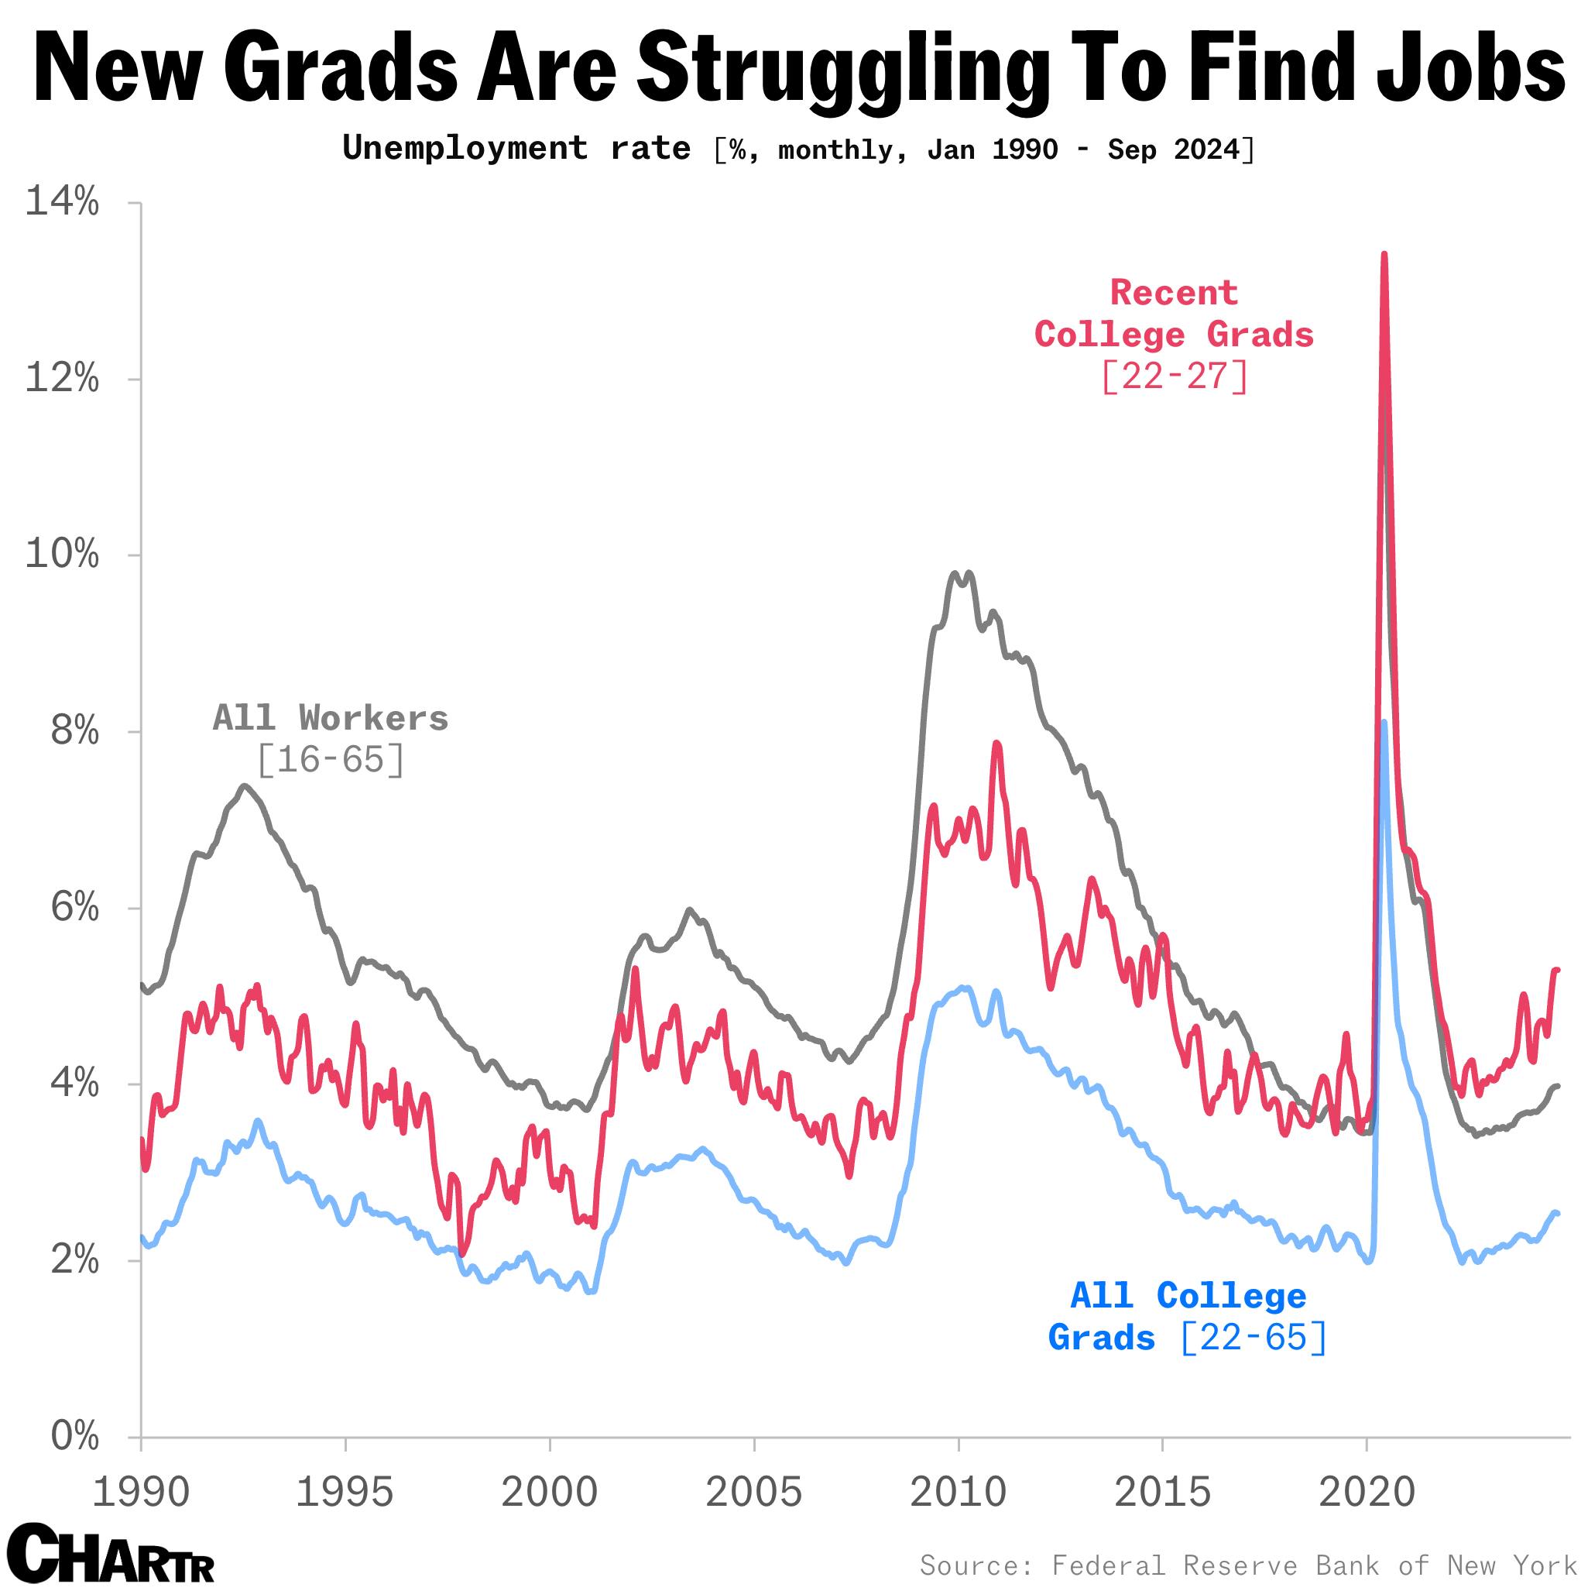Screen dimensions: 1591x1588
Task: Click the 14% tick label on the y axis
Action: click(63, 201)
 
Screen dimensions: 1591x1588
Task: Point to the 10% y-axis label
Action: click(63, 555)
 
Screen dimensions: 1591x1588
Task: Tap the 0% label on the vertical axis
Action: click(75, 1437)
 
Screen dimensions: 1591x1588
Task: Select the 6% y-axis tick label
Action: click(75, 909)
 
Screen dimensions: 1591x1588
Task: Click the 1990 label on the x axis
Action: click(141, 1492)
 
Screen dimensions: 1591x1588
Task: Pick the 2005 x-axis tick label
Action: click(753, 1492)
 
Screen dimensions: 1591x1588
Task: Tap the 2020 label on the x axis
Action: click(1366, 1492)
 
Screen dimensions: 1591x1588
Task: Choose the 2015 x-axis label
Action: click(1161, 1492)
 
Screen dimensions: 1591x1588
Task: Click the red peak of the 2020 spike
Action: click(1384, 256)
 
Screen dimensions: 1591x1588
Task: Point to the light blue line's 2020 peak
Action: click(1384, 723)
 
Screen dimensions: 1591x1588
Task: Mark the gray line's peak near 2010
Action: click(955, 574)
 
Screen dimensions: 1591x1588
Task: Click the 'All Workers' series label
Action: click(330, 718)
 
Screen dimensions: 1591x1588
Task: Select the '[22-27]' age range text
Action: click(1174, 377)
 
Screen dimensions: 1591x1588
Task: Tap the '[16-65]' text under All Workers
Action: click(330, 759)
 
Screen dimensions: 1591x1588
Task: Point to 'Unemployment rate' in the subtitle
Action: click(516, 148)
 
